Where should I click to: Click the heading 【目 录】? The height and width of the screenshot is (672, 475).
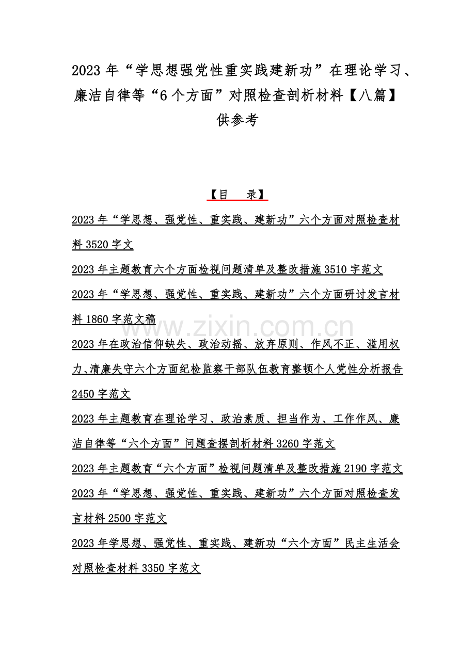[237, 195]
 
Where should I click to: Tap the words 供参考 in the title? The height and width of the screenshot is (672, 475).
[237, 120]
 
